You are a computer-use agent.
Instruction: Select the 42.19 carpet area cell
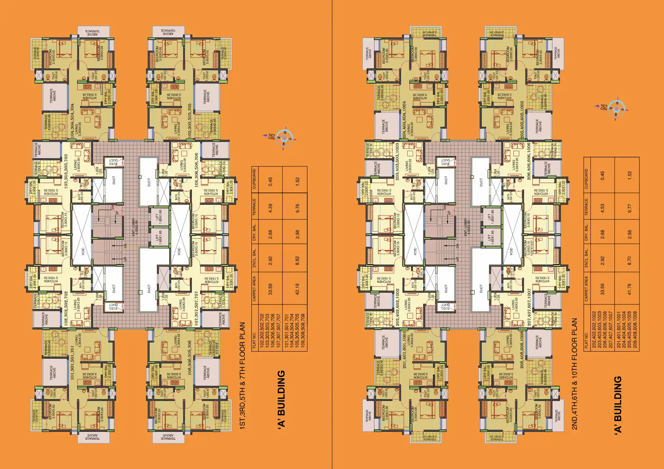point(297,288)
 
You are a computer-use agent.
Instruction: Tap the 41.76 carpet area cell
point(629,288)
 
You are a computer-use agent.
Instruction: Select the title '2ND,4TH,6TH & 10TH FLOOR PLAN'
point(574,373)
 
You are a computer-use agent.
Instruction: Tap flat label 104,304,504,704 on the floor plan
point(73,121)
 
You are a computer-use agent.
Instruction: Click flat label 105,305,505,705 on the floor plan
point(190,121)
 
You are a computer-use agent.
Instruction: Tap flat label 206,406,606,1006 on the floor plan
point(529,161)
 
